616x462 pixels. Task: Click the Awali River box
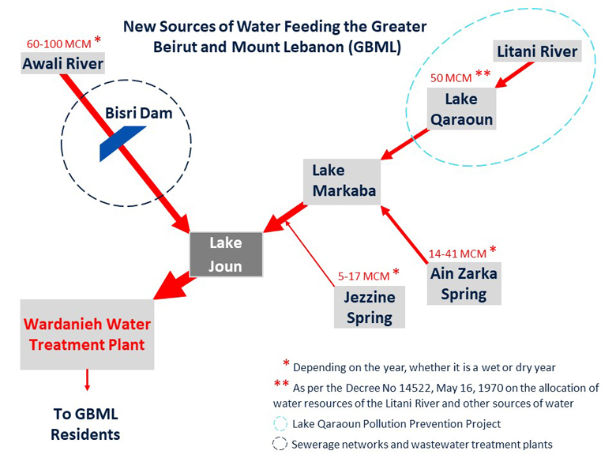(63, 64)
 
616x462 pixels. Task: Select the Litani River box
(537, 51)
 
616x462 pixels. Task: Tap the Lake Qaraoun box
(462, 109)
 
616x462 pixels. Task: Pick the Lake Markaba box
(342, 182)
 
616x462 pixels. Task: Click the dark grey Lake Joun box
(226, 254)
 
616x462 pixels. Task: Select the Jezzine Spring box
(370, 307)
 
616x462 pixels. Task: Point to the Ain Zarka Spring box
(464, 284)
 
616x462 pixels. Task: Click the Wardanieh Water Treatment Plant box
(87, 334)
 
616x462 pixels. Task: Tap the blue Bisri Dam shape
(123, 144)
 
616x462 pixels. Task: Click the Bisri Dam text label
(139, 113)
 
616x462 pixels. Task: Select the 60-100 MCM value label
(59, 44)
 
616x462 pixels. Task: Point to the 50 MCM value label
(451, 78)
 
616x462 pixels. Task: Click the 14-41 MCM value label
(457, 254)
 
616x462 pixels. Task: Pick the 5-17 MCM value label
(364, 276)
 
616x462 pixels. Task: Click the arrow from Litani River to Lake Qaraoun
(514, 75)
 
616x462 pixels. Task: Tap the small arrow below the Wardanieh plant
(87, 380)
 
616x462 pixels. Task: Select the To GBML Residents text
(85, 424)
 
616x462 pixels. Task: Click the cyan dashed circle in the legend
(280, 424)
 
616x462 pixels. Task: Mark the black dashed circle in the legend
(280, 444)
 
